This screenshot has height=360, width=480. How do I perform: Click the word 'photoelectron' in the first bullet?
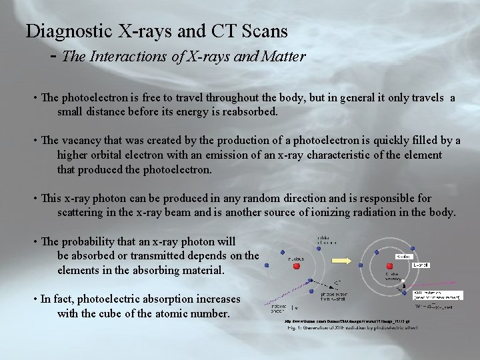click(94, 98)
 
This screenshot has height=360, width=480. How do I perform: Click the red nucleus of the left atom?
click(297, 266)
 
